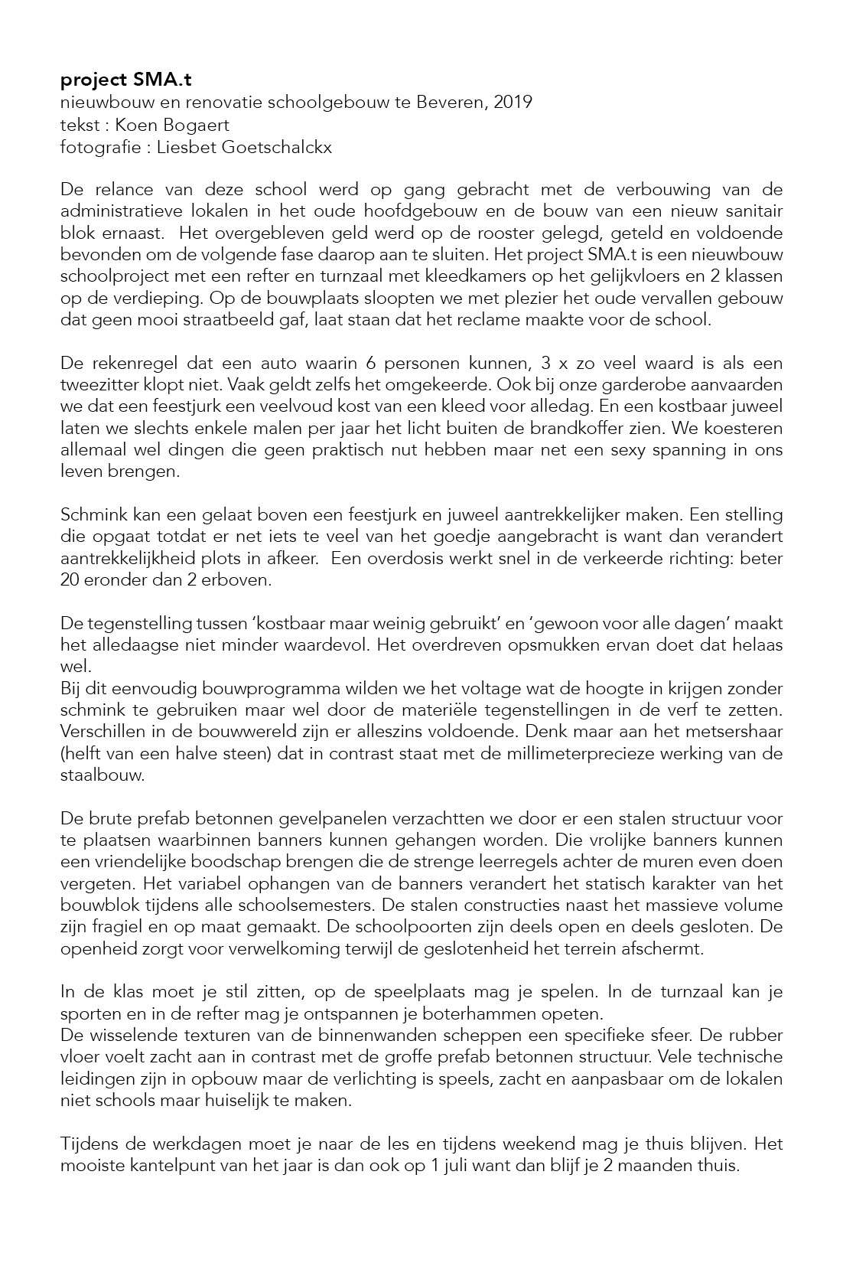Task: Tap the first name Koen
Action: (132, 125)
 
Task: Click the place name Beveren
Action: (448, 103)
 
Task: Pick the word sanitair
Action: (753, 210)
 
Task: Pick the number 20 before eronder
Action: (70, 580)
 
